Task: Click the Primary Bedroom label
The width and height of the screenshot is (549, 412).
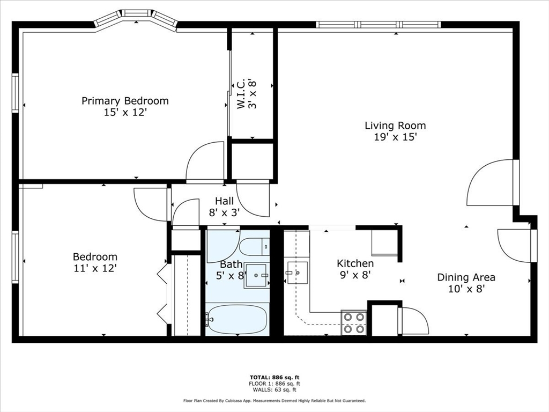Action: pyautogui.click(x=125, y=101)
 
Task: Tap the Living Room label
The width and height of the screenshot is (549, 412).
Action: pyautogui.click(x=395, y=126)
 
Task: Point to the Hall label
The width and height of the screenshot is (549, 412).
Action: pyautogui.click(x=224, y=201)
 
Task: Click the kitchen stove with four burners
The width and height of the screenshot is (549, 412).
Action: pyautogui.click(x=354, y=323)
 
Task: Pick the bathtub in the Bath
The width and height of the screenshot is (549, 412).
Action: pyautogui.click(x=238, y=319)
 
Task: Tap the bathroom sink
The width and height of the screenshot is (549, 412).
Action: pyautogui.click(x=257, y=276)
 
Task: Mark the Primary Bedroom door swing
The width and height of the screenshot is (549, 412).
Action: pyautogui.click(x=206, y=161)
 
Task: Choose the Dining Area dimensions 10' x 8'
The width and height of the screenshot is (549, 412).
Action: pyautogui.click(x=466, y=289)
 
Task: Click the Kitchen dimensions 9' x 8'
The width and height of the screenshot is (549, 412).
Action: pyautogui.click(x=354, y=275)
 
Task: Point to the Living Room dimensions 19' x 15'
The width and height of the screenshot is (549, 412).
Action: pyautogui.click(x=395, y=137)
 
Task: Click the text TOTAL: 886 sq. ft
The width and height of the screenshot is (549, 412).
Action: pyautogui.click(x=274, y=377)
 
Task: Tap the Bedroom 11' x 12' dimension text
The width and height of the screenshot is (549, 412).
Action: pyautogui.click(x=95, y=268)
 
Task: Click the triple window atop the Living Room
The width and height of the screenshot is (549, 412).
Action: pyautogui.click(x=379, y=24)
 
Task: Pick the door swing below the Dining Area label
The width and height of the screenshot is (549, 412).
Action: pyautogui.click(x=414, y=320)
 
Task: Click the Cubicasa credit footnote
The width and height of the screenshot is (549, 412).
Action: pyautogui.click(x=274, y=401)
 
